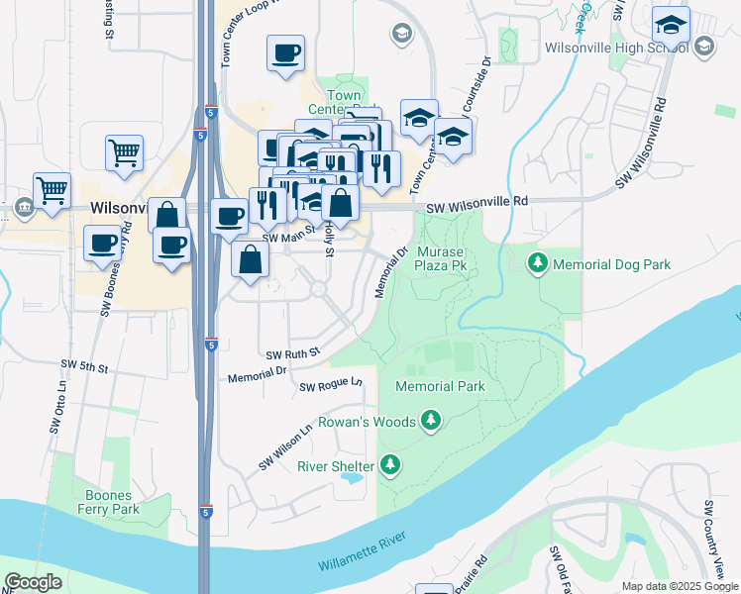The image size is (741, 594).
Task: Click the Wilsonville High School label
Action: [617, 47]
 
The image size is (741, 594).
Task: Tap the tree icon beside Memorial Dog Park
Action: [538, 264]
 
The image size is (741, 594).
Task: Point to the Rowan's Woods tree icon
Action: [430, 422]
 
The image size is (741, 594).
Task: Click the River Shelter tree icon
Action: [391, 465]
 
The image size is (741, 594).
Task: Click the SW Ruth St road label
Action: [293, 353]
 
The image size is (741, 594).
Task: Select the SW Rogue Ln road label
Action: [331, 383]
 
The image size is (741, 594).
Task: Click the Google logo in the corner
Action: [33, 582]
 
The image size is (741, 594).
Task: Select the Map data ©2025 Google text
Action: [679, 586]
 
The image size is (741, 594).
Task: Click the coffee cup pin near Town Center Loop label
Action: [285, 53]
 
